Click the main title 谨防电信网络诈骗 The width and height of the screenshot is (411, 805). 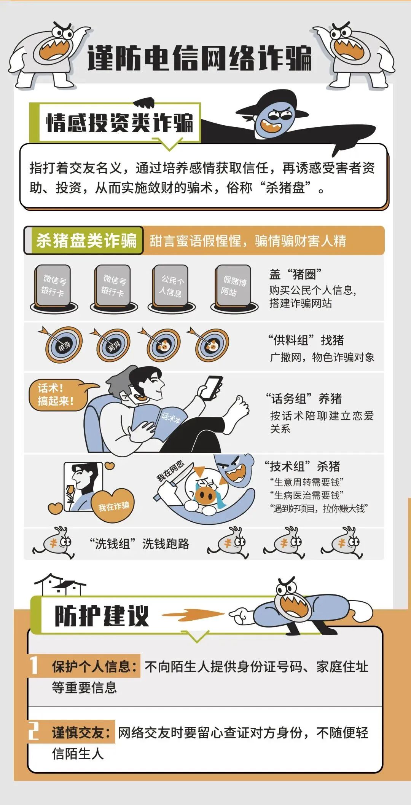pyautogui.click(x=199, y=58)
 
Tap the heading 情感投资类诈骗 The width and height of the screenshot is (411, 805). pyautogui.click(x=119, y=123)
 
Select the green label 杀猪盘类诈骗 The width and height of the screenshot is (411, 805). pyautogui.click(x=86, y=240)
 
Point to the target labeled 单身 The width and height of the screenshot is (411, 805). pyautogui.click(x=64, y=345)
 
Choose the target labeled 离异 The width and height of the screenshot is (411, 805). pyautogui.click(x=113, y=346)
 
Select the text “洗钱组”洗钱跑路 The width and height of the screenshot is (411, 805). pyautogui.click(x=139, y=544)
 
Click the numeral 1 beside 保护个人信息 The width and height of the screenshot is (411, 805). pyautogui.click(x=34, y=665)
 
